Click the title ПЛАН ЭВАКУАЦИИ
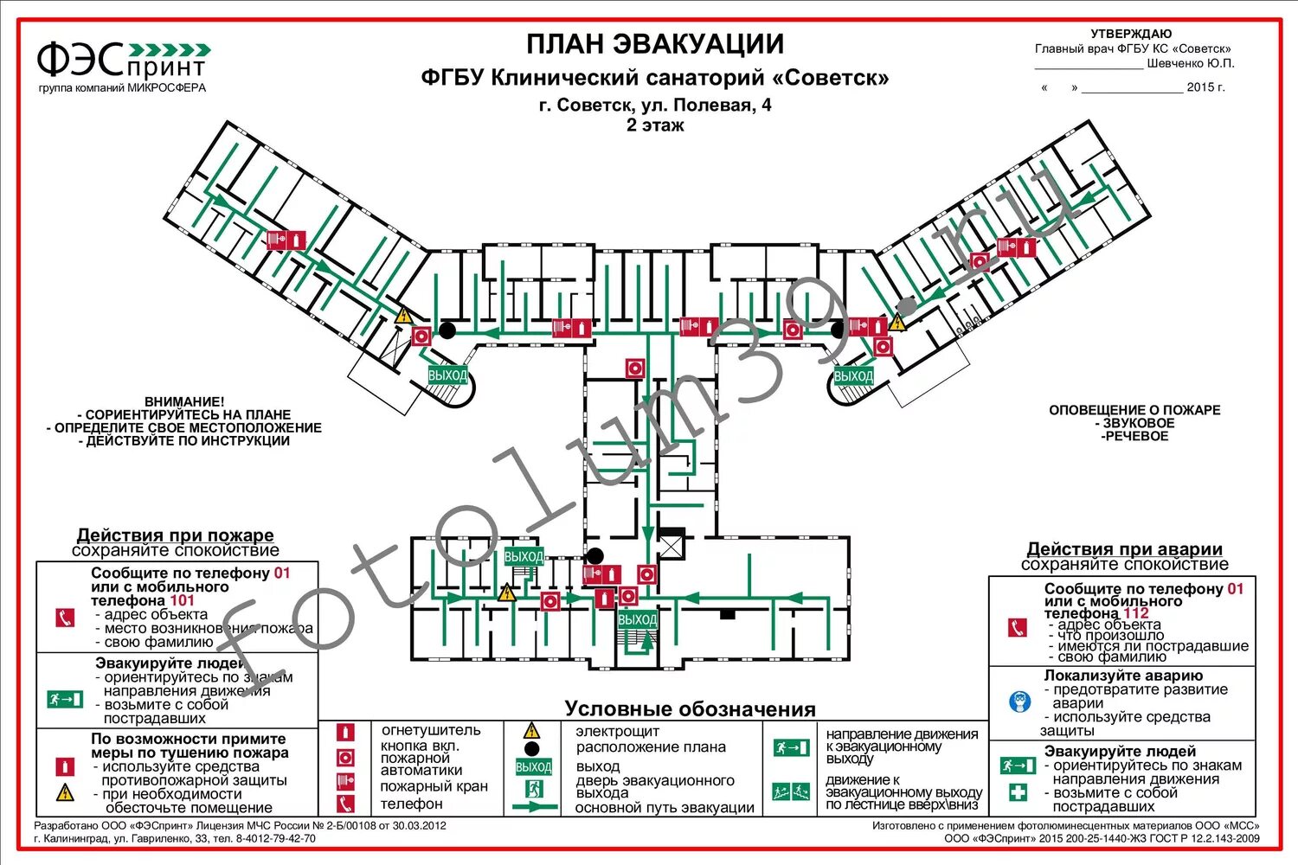pyautogui.click(x=655, y=44)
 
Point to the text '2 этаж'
pyautogui.click(x=655, y=125)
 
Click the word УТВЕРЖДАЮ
pyautogui.click(x=1131, y=34)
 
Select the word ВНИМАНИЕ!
pyautogui.click(x=183, y=402)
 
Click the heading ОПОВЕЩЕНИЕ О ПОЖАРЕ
pyautogui.click(x=1134, y=410)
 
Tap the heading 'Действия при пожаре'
pyautogui.click(x=175, y=535)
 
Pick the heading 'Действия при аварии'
pyautogui.click(x=1124, y=549)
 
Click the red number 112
pyautogui.click(x=1136, y=613)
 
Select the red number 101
pyautogui.click(x=183, y=600)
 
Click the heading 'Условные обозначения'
pyautogui.click(x=690, y=709)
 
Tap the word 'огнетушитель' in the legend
pyautogui.click(x=430, y=731)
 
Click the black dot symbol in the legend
pyautogui.click(x=532, y=749)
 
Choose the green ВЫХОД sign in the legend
pyautogui.click(x=533, y=767)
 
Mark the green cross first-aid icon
pyautogui.click(x=1018, y=791)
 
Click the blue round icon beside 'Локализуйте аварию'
pyautogui.click(x=1019, y=702)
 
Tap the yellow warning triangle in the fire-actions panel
pyautogui.click(x=65, y=792)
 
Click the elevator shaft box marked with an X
pyautogui.click(x=671, y=547)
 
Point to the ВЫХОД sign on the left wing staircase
pyautogui.click(x=447, y=375)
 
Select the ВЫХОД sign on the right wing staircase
pyautogui.click(x=853, y=376)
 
